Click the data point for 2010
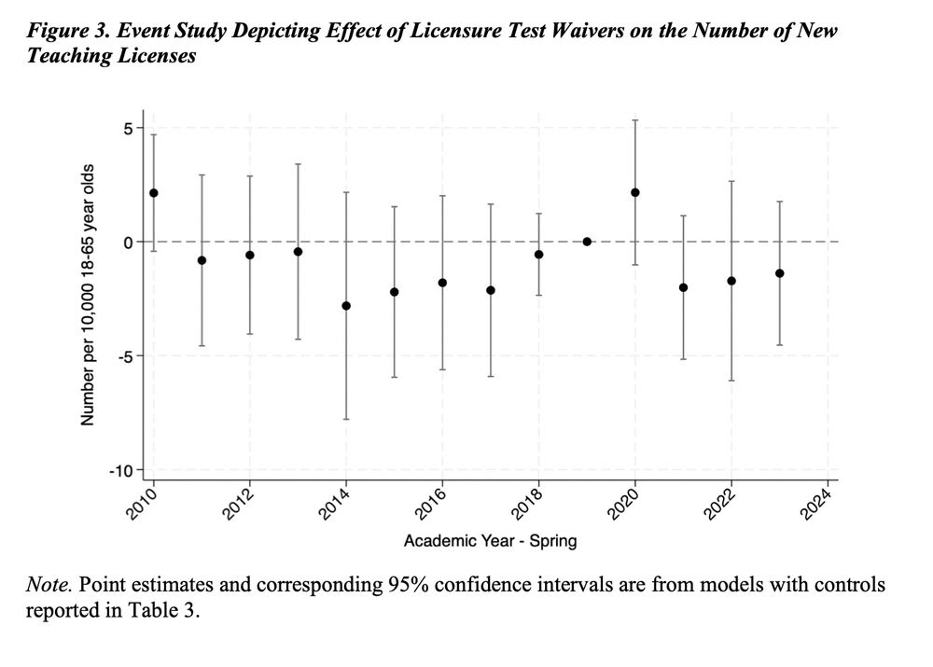[153, 193]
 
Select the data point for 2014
[346, 306]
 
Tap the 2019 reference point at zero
[587, 242]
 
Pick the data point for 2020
[635, 192]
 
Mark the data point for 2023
[780, 273]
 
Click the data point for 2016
[442, 283]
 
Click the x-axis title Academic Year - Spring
[490, 540]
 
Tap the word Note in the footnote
[43, 586]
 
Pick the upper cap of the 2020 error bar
[635, 120]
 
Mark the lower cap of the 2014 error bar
[346, 419]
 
